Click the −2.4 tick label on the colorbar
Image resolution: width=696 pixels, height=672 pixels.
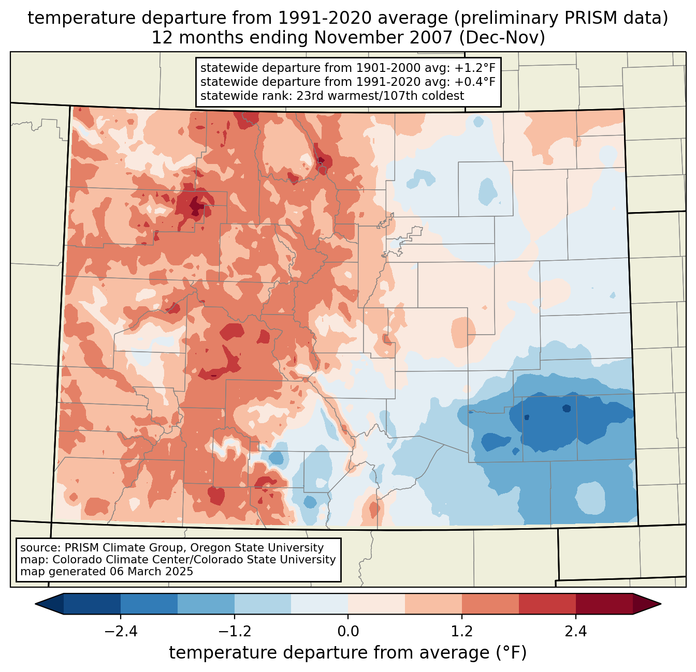[x=120, y=632]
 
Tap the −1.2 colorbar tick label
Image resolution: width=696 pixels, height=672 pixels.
[x=234, y=632]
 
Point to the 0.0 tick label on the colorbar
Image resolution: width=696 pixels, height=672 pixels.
[x=348, y=632]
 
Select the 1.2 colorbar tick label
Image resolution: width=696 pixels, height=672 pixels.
[x=462, y=632]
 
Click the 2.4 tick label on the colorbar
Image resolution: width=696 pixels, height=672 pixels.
[x=575, y=632]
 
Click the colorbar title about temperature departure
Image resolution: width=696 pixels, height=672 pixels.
[x=348, y=653]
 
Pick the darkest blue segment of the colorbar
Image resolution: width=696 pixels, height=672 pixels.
[x=92, y=604]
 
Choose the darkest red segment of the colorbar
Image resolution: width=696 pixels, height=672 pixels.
[x=604, y=604]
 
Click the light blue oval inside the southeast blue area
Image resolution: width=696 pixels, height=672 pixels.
[x=590, y=498]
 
